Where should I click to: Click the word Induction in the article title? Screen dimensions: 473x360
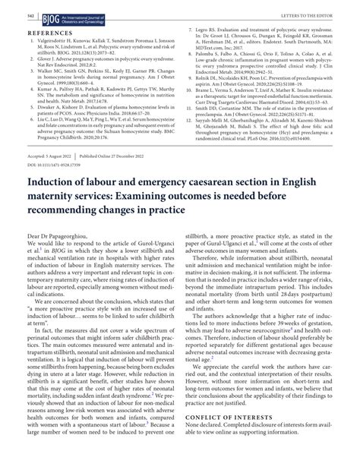point(58,203)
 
